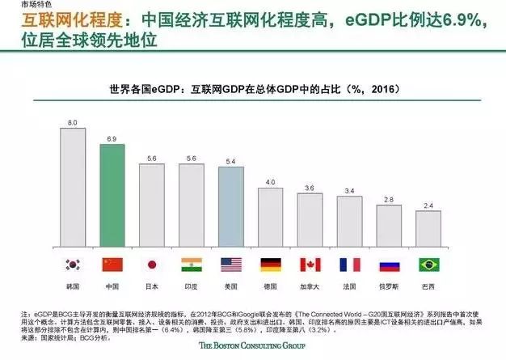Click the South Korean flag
73,264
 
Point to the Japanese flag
152,264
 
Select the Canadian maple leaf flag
310,264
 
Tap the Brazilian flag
428,264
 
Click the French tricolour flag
350,264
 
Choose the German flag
271,264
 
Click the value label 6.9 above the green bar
112,139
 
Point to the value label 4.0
271,182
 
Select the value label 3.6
310,188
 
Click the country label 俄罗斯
389,286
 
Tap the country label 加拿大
310,286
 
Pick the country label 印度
192,286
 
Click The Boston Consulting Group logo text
253,346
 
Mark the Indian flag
192,264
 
